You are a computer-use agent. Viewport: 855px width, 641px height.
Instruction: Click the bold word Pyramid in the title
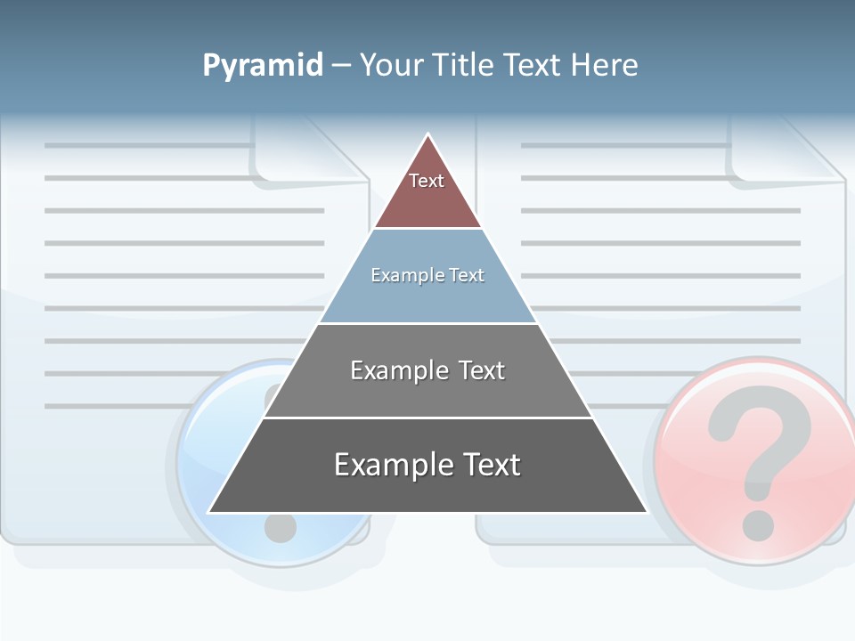(262, 66)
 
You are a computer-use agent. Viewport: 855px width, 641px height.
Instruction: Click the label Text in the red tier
(427, 181)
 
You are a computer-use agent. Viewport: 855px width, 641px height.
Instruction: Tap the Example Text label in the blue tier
(427, 275)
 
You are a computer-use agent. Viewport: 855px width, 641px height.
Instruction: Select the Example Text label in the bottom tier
(427, 465)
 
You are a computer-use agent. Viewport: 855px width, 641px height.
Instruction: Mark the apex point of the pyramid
(428, 134)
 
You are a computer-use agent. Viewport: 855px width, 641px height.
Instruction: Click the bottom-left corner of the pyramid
(209, 512)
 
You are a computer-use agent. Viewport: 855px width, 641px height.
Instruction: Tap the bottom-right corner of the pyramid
(646, 512)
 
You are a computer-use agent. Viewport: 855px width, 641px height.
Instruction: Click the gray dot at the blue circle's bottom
(280, 528)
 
